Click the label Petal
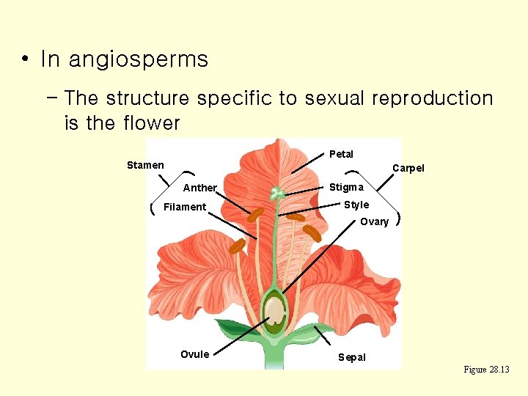pyautogui.click(x=341, y=154)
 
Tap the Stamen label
pyautogui.click(x=145, y=165)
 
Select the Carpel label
pyautogui.click(x=408, y=168)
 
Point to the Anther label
pyautogui.click(x=199, y=188)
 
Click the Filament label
pyautogui.click(x=185, y=207)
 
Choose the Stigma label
pyautogui.click(x=345, y=187)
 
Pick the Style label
pyautogui.click(x=356, y=205)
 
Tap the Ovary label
pyautogui.click(x=374, y=221)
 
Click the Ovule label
pyautogui.click(x=194, y=354)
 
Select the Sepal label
pyautogui.click(x=351, y=357)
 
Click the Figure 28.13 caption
pyautogui.click(x=486, y=370)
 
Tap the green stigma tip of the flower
pyautogui.click(x=277, y=194)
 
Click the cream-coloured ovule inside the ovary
pyautogui.click(x=275, y=312)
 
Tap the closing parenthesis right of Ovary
pyautogui.click(x=397, y=219)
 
